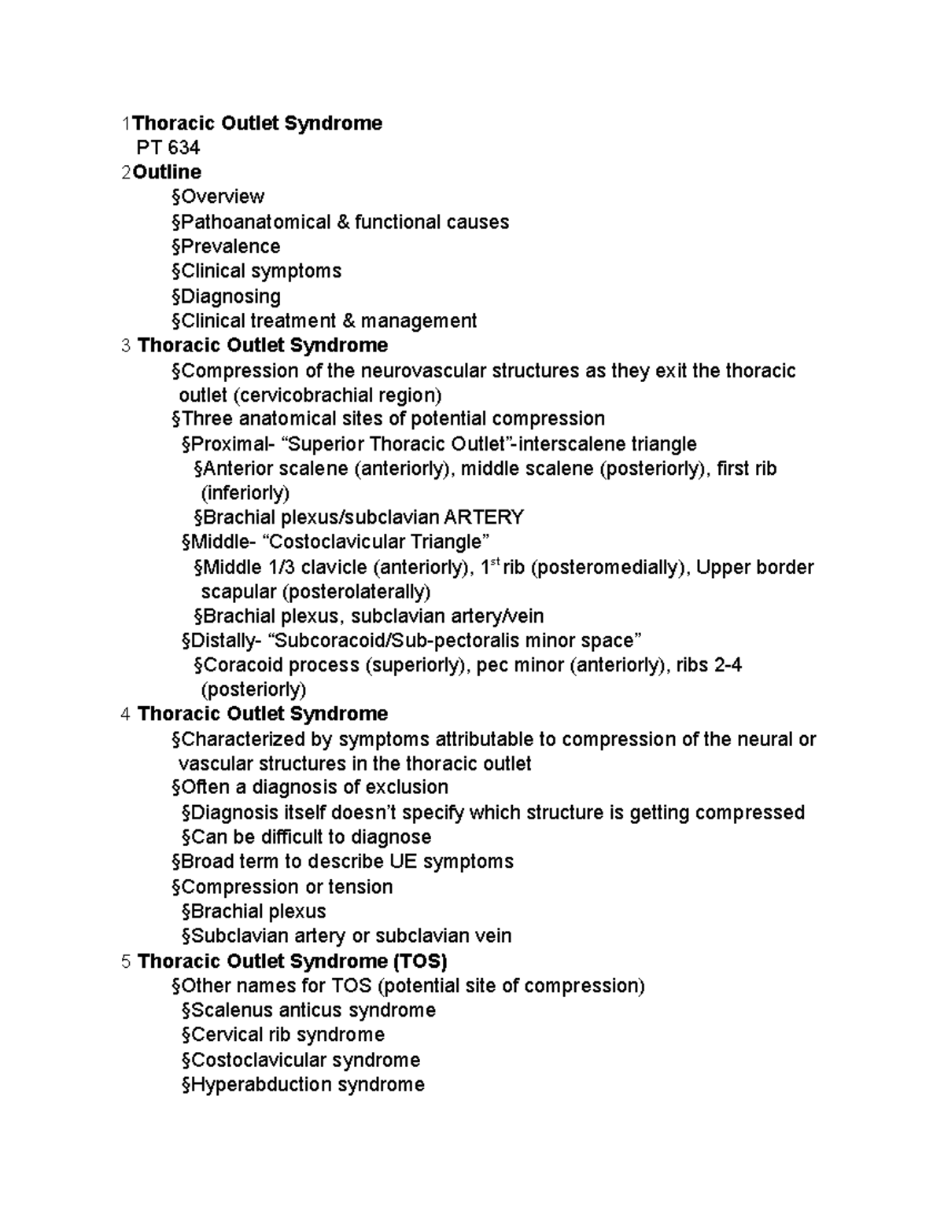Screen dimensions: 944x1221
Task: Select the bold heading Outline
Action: click(167, 172)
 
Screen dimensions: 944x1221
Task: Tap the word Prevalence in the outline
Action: click(230, 246)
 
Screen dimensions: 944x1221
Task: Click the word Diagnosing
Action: click(230, 296)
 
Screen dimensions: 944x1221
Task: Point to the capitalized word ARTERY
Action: click(484, 517)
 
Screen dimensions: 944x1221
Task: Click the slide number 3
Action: click(126, 346)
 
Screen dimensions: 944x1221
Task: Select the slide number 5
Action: click(126, 962)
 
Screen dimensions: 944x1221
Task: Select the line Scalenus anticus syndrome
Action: click(308, 1010)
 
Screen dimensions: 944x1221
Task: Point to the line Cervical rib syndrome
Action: click(283, 1035)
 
